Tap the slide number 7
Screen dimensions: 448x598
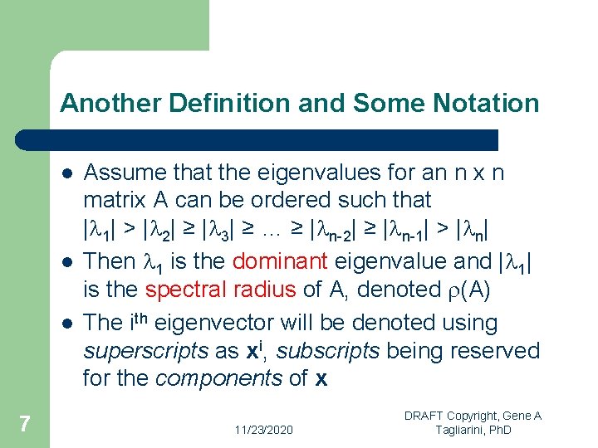tap(25, 425)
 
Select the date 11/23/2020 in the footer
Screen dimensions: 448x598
tap(263, 429)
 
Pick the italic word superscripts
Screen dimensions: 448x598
tap(145, 351)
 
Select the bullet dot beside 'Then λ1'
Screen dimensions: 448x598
tap(66, 262)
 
